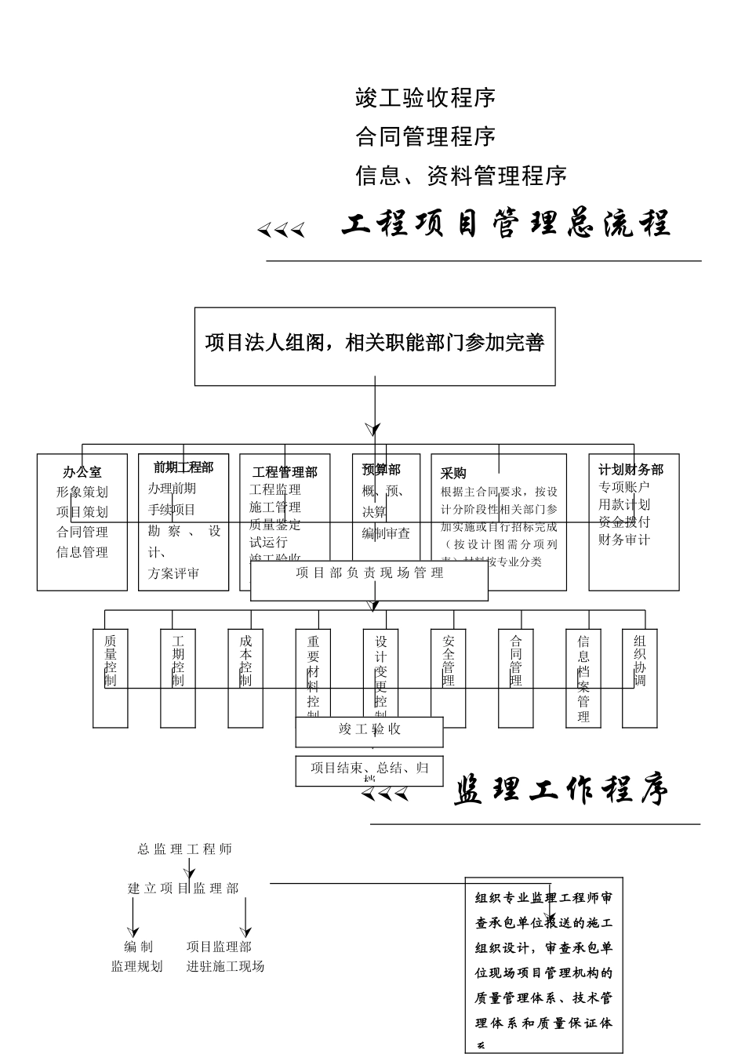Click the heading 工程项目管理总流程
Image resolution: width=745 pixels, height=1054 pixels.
(x=506, y=225)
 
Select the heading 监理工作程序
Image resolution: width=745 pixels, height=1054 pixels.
(x=561, y=791)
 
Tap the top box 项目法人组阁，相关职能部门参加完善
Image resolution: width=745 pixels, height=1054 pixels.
(x=375, y=343)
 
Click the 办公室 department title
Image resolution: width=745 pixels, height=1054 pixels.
(x=82, y=472)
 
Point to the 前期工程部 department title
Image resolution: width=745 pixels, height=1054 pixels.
(x=184, y=467)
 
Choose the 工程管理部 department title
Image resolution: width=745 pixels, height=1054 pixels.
(x=285, y=472)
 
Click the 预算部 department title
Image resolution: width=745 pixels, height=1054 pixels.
(x=381, y=469)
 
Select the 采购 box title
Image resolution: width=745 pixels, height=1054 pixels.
(x=453, y=473)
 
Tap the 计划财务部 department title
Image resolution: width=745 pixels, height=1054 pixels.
(x=631, y=469)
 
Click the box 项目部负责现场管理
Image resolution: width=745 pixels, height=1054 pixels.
(x=369, y=573)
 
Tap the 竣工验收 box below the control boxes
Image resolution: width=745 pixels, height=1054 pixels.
(x=369, y=729)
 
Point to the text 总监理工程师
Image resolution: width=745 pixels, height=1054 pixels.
(x=185, y=849)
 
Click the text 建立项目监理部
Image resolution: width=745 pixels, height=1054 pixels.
(x=184, y=889)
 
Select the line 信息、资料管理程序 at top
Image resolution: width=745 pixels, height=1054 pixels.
(x=461, y=175)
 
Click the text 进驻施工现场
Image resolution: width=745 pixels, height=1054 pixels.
(x=225, y=966)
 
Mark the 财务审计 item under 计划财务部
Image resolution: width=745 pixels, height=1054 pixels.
(x=624, y=540)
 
